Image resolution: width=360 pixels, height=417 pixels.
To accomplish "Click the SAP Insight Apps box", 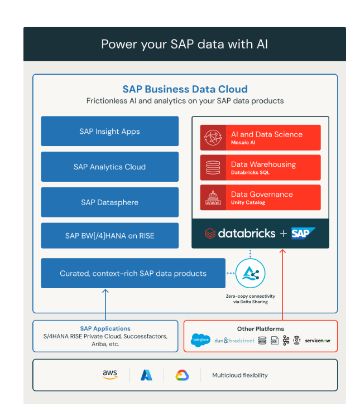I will (109, 132).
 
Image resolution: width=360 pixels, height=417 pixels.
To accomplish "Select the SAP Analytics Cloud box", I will (109, 167).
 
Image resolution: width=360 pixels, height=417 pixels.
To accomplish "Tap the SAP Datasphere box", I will (109, 202).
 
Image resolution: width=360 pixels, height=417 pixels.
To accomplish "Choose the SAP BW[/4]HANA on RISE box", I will (109, 236).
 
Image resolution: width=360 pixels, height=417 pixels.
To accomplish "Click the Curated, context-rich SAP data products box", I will (133, 273).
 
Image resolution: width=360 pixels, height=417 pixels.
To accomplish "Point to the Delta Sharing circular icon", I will (250, 274).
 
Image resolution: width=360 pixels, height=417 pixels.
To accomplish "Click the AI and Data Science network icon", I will (213, 138).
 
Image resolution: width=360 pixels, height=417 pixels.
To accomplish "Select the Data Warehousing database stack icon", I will (213, 167).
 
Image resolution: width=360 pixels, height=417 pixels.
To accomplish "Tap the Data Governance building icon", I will (213, 197).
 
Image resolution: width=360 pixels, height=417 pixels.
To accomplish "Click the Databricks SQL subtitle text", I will (251, 173).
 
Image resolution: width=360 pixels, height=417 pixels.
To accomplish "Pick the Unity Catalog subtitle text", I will (248, 203).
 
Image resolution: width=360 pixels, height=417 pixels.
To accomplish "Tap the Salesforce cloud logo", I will (200, 340).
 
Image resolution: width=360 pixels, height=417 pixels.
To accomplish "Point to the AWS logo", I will (109, 375).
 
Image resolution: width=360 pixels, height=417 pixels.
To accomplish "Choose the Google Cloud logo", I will (182, 375).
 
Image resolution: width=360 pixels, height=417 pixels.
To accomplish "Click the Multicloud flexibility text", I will (239, 375).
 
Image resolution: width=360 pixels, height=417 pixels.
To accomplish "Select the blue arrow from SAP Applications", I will (105, 304).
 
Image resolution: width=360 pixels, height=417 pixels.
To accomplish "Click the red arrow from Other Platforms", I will (282, 284).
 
